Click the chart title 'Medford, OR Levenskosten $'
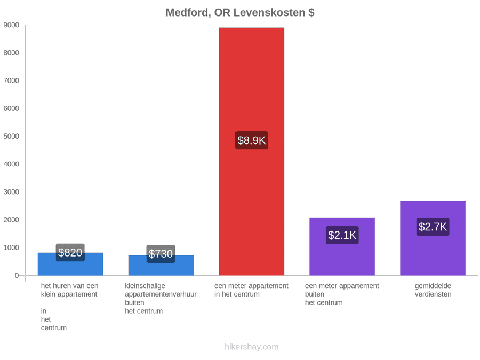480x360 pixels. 240,13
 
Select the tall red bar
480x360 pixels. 252,151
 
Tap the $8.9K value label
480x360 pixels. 252,140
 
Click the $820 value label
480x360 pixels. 70,253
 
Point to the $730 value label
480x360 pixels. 161,254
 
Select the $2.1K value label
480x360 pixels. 342,235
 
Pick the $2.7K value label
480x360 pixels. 433,227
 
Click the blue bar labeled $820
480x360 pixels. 70,264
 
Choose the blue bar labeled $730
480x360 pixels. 161,266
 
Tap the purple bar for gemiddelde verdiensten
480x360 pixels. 433,238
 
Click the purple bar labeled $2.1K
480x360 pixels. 342,246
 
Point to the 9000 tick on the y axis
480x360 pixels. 11,25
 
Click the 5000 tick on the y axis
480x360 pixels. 11,136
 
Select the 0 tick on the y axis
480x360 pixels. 17,276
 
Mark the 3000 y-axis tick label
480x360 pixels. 11,192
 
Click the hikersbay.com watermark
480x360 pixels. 252,347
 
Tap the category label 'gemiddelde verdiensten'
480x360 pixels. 433,290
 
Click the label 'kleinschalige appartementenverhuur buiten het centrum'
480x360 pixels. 161,299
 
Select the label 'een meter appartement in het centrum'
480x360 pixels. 251,290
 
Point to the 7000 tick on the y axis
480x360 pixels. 11,81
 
